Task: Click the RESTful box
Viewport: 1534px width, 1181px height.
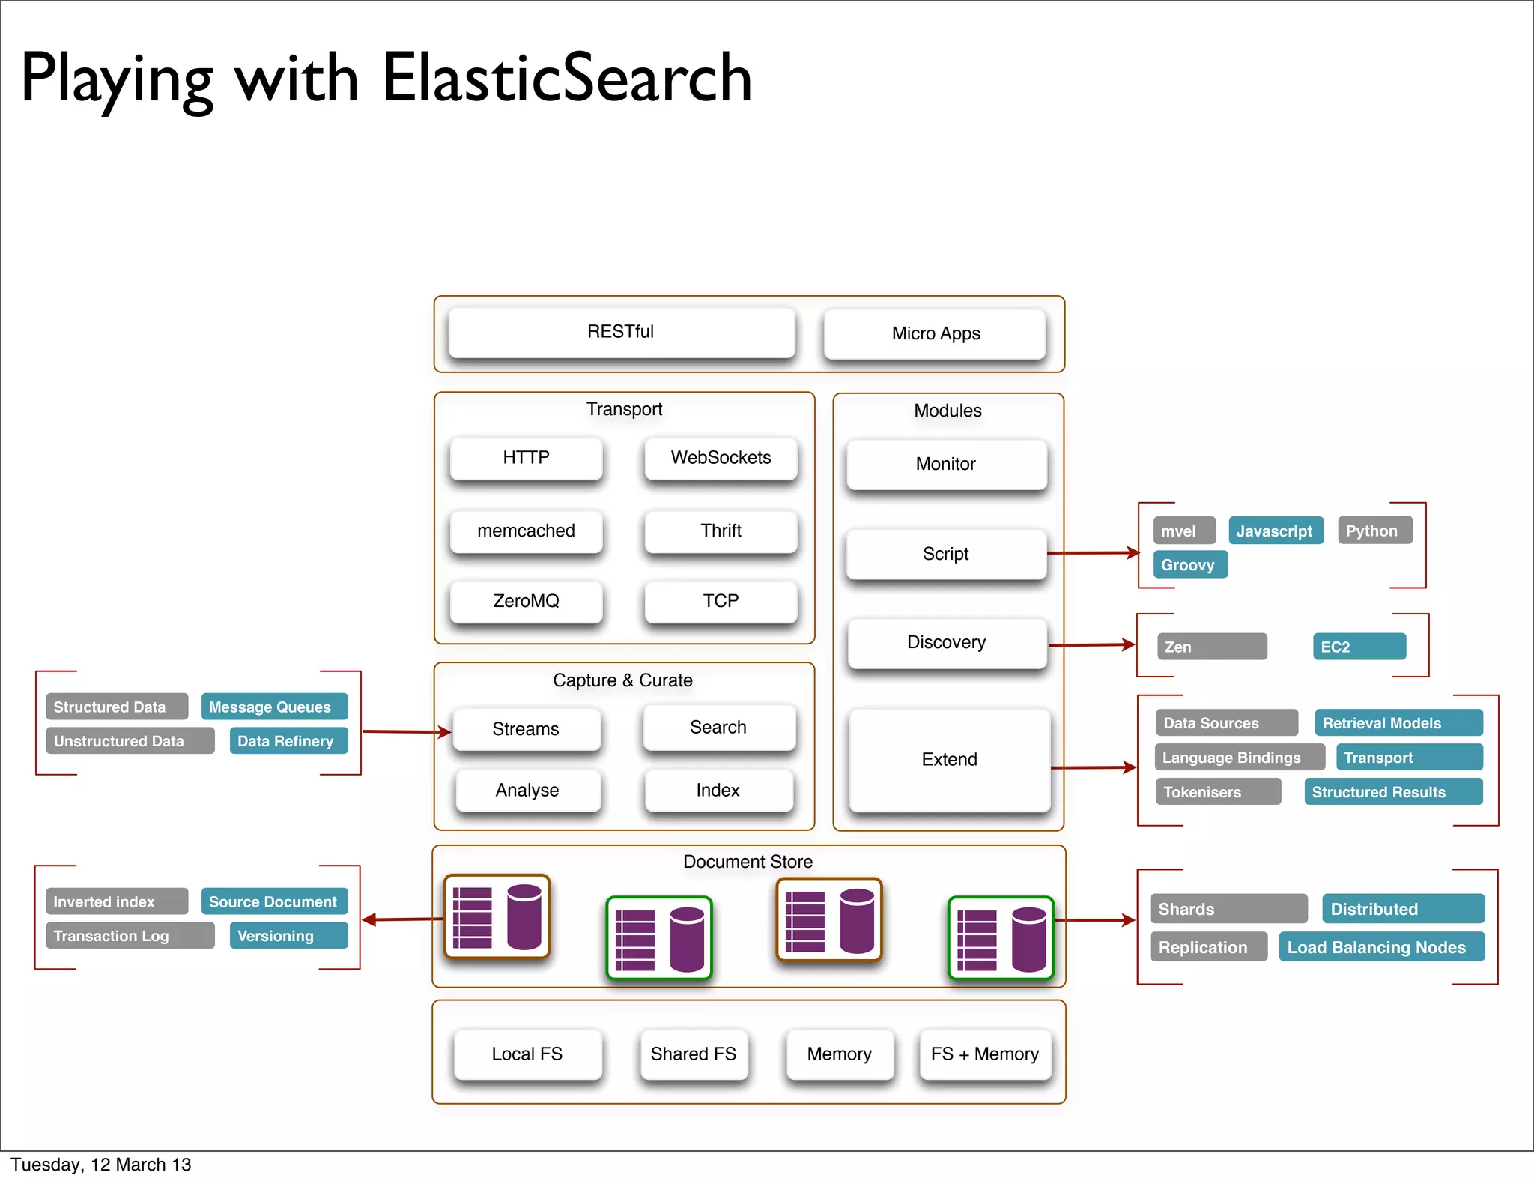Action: click(x=621, y=332)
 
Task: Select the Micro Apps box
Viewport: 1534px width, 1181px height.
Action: click(x=935, y=334)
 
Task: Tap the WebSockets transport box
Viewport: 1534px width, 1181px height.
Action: click(x=721, y=458)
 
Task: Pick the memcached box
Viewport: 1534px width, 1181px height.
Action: click(x=526, y=531)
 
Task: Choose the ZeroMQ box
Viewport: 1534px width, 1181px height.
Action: click(x=526, y=601)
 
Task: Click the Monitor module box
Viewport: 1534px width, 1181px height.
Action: click(x=945, y=465)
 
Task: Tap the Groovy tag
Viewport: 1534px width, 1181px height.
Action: click(x=1189, y=565)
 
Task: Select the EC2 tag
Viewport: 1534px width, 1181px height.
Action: click(x=1358, y=647)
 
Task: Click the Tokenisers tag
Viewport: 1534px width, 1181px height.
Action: click(x=1217, y=792)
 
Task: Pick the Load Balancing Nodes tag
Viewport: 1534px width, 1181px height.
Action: click(x=1380, y=947)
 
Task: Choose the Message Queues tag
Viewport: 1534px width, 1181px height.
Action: click(x=273, y=707)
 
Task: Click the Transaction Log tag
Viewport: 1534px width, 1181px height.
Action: click(x=130, y=936)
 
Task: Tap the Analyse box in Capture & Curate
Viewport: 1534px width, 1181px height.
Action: click(x=527, y=791)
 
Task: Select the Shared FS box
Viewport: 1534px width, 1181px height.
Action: click(x=693, y=1054)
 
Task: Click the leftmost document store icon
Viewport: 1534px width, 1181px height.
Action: click(x=497, y=916)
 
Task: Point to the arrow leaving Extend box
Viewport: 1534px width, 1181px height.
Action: click(x=1093, y=767)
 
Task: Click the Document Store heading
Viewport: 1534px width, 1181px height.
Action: click(x=748, y=862)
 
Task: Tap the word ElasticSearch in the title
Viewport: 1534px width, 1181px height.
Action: click(x=567, y=79)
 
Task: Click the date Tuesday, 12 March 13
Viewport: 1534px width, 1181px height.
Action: click(x=101, y=1165)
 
